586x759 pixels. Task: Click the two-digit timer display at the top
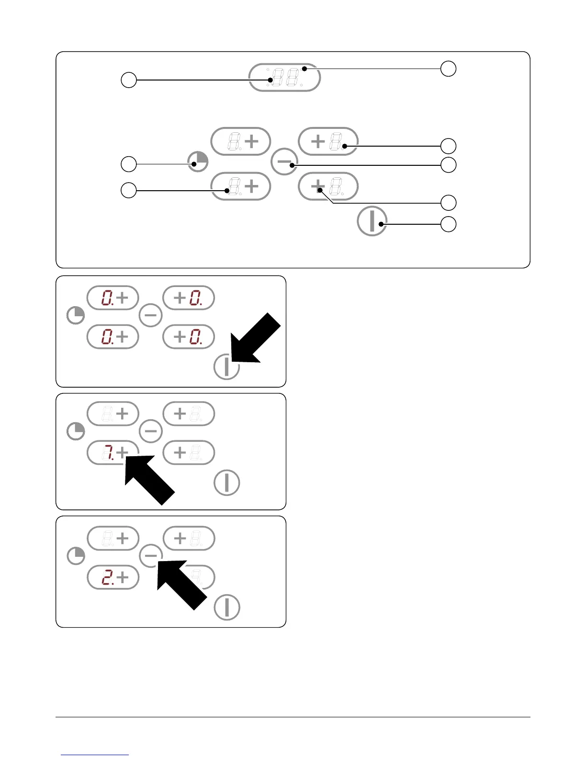pyautogui.click(x=284, y=77)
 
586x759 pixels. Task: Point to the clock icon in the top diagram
pyautogui.click(x=198, y=162)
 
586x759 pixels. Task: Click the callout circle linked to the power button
pyautogui.click(x=448, y=224)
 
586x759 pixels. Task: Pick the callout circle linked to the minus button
pyautogui.click(x=448, y=165)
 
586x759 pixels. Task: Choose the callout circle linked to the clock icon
pyautogui.click(x=128, y=164)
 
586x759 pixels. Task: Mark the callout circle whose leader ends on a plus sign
pyautogui.click(x=448, y=202)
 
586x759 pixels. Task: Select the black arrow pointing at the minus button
pyautogui.click(x=181, y=584)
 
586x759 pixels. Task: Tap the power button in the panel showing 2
pyautogui.click(x=226, y=607)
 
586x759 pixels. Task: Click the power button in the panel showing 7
pyautogui.click(x=226, y=483)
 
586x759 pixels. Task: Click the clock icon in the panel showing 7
pyautogui.click(x=76, y=432)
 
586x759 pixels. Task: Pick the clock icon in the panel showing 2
pyautogui.click(x=76, y=556)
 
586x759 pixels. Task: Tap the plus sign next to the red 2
pyautogui.click(x=123, y=578)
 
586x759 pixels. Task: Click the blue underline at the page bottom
pyautogui.click(x=95, y=755)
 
